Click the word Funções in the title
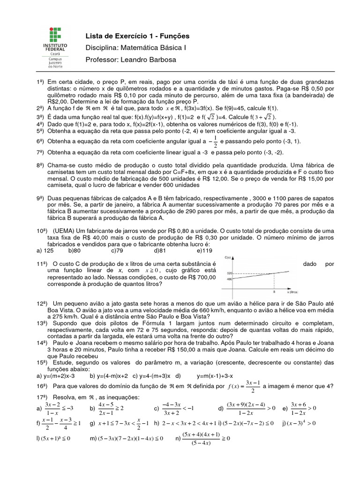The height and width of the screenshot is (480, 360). [x=173, y=36]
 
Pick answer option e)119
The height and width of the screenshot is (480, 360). [x=204, y=250]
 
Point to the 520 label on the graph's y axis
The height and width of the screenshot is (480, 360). [x=230, y=273]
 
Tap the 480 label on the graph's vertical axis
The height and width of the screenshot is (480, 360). [x=230, y=279]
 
